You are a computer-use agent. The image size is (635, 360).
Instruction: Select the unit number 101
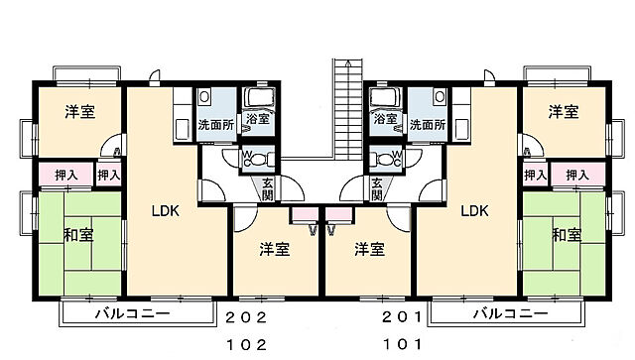tap(403, 345)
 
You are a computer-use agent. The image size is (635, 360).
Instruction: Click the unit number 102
tap(246, 345)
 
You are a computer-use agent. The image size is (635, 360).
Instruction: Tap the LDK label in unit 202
tap(166, 210)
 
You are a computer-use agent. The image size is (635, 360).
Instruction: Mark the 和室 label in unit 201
tap(567, 235)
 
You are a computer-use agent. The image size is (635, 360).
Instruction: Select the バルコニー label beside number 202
tap(132, 314)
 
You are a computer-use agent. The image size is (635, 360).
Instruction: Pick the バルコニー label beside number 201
tap(510, 314)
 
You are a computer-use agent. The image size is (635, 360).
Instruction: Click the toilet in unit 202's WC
tap(250, 159)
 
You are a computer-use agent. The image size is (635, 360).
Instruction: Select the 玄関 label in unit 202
tap(269, 188)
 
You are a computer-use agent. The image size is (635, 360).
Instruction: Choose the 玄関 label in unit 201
tap(377, 188)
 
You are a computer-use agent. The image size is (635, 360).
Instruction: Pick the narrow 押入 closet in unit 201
tap(535, 175)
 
